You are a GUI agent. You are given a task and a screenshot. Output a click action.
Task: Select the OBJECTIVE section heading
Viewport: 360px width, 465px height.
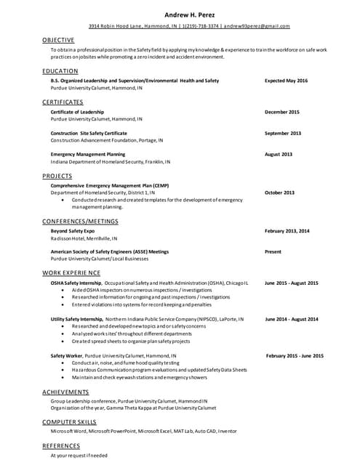58,39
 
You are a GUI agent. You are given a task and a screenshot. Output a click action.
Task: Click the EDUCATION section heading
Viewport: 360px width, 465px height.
60,71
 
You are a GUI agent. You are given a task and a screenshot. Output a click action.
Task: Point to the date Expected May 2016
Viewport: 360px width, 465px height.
286,81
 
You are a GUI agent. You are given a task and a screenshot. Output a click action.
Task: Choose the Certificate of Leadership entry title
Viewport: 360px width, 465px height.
77,112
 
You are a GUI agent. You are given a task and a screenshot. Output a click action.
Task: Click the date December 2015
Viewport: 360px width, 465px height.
282,112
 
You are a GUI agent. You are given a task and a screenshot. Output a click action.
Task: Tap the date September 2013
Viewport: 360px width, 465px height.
283,133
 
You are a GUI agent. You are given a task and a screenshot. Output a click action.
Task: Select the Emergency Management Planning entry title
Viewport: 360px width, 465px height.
88,154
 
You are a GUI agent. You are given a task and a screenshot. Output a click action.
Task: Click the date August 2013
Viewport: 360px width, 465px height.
279,154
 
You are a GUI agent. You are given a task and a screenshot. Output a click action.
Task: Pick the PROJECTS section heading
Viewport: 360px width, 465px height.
57,176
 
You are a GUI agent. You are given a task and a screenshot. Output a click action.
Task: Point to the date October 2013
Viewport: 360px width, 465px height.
279,193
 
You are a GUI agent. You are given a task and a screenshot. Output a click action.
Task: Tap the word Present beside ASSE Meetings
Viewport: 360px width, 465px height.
273,251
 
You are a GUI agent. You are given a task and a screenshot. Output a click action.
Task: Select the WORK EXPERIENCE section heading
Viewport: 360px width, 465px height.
71,272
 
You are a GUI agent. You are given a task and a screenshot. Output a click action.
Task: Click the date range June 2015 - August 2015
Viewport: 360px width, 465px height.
291,283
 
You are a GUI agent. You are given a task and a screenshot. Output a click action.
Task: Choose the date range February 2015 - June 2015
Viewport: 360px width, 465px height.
295,355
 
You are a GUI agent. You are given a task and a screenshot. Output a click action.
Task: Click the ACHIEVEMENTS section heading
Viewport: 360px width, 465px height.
66,392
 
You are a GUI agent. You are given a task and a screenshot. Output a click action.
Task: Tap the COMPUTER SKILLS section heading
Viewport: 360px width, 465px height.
69,421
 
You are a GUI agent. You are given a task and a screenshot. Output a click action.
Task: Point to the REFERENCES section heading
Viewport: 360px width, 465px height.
61,445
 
